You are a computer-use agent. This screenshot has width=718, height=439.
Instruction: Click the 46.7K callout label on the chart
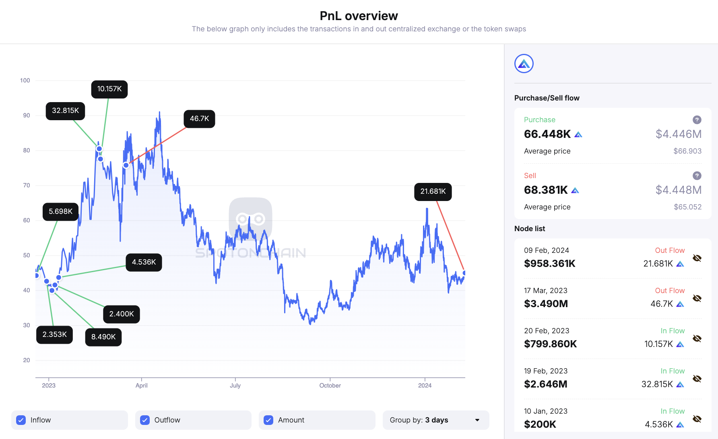[199, 119]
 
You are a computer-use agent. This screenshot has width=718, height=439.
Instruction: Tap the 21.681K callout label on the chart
[433, 192]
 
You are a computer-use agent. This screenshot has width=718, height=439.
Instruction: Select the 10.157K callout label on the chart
[109, 89]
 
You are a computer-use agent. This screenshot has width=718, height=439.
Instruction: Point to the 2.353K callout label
[54, 334]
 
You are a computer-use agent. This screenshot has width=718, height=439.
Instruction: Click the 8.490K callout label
[103, 337]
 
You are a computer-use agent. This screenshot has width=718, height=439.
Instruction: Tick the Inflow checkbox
[21, 420]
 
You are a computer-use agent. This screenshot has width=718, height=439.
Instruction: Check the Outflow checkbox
[145, 420]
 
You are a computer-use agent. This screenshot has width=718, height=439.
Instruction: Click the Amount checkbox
[268, 420]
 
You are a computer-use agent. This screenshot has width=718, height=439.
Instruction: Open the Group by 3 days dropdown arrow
[477, 420]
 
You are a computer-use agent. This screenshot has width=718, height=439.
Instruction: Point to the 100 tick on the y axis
[25, 80]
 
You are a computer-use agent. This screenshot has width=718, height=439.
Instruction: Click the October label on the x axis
[330, 386]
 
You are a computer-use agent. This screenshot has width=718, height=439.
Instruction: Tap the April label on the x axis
[141, 386]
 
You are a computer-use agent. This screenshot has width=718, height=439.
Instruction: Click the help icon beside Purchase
[697, 120]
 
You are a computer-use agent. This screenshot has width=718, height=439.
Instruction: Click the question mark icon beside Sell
[697, 176]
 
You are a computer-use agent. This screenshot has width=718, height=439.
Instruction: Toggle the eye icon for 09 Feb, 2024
[697, 258]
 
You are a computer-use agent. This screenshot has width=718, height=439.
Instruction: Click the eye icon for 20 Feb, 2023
[697, 338]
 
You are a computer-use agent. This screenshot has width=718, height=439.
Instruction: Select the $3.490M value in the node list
[546, 304]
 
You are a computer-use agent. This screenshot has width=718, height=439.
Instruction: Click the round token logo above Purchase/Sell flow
[524, 64]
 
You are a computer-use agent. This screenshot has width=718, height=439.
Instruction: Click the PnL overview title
[359, 16]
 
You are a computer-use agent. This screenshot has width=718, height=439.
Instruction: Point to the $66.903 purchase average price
[687, 151]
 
